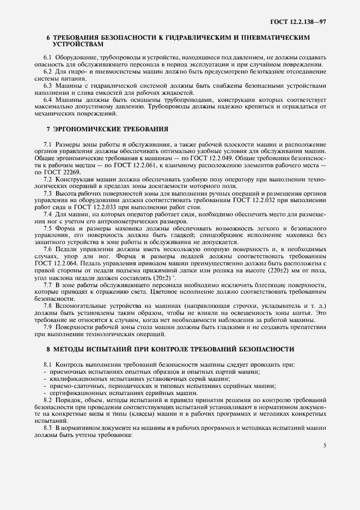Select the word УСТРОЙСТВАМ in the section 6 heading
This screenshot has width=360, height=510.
click(x=73, y=45)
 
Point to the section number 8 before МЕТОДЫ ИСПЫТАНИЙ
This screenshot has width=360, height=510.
click(x=48, y=348)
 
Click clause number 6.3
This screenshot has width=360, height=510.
click(x=47, y=86)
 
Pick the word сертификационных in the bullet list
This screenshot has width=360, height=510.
click(x=77, y=393)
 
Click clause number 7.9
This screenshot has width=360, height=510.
click(x=47, y=327)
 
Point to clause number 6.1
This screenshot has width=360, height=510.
click(x=47, y=57)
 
